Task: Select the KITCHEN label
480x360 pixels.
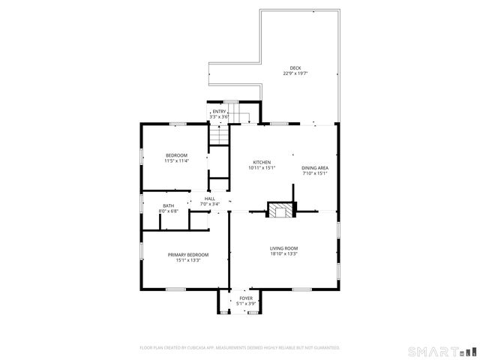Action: (262, 163)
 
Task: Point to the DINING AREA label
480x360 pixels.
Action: (315, 168)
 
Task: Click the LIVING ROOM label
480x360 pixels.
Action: (284, 248)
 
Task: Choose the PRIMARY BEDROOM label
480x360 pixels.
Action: (187, 255)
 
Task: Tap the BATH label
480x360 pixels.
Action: (168, 205)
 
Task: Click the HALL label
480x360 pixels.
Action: (210, 199)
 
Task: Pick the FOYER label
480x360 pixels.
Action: (246, 298)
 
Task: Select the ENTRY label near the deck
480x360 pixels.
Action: (219, 112)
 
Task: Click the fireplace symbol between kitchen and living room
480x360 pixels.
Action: (282, 211)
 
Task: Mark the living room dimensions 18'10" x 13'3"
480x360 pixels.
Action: (284, 253)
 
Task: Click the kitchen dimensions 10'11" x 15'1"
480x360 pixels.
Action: (262, 168)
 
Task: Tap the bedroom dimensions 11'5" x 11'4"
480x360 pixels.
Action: (177, 160)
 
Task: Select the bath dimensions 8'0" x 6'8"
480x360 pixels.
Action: (168, 211)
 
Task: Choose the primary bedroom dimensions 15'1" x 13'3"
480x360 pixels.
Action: (187, 260)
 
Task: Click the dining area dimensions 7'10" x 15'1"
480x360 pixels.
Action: (315, 173)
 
